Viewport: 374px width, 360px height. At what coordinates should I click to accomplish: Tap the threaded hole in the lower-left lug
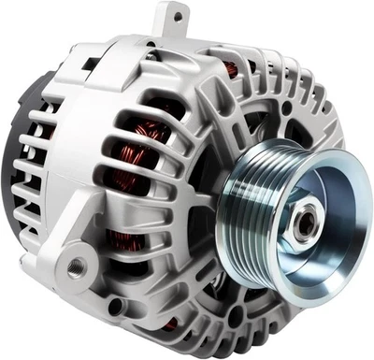tap(72, 271)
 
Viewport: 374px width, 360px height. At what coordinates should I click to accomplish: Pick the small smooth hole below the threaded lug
tap(115, 306)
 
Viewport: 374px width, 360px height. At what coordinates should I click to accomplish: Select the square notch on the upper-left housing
tap(92, 64)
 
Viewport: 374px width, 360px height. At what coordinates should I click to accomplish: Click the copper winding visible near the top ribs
tap(229, 70)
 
